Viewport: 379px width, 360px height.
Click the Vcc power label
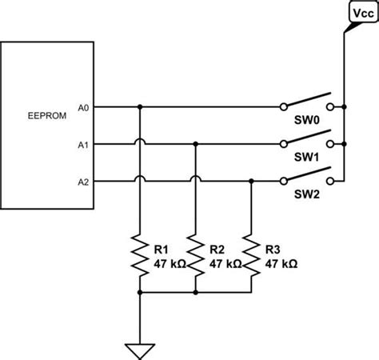tap(361, 14)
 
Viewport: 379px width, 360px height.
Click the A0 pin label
tap(84, 106)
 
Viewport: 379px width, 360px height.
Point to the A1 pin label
tap(84, 145)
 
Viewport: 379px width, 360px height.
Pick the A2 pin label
tap(84, 182)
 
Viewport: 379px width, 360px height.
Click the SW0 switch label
tap(307, 121)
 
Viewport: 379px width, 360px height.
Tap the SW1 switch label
tap(307, 159)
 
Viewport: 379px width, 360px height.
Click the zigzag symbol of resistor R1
tap(140, 255)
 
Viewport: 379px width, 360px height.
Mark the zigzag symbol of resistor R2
tap(196, 255)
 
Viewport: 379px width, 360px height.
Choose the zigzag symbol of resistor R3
tap(252, 255)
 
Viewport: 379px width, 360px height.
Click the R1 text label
tap(161, 249)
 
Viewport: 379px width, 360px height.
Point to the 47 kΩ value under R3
tap(281, 262)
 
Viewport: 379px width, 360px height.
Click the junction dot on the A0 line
tap(140, 106)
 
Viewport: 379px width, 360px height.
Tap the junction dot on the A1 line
tap(196, 144)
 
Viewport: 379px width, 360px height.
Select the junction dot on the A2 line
tap(252, 182)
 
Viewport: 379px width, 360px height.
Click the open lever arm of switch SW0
tap(308, 100)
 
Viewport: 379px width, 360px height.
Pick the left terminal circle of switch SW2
tap(284, 182)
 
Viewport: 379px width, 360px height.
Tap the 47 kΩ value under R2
tap(225, 262)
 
